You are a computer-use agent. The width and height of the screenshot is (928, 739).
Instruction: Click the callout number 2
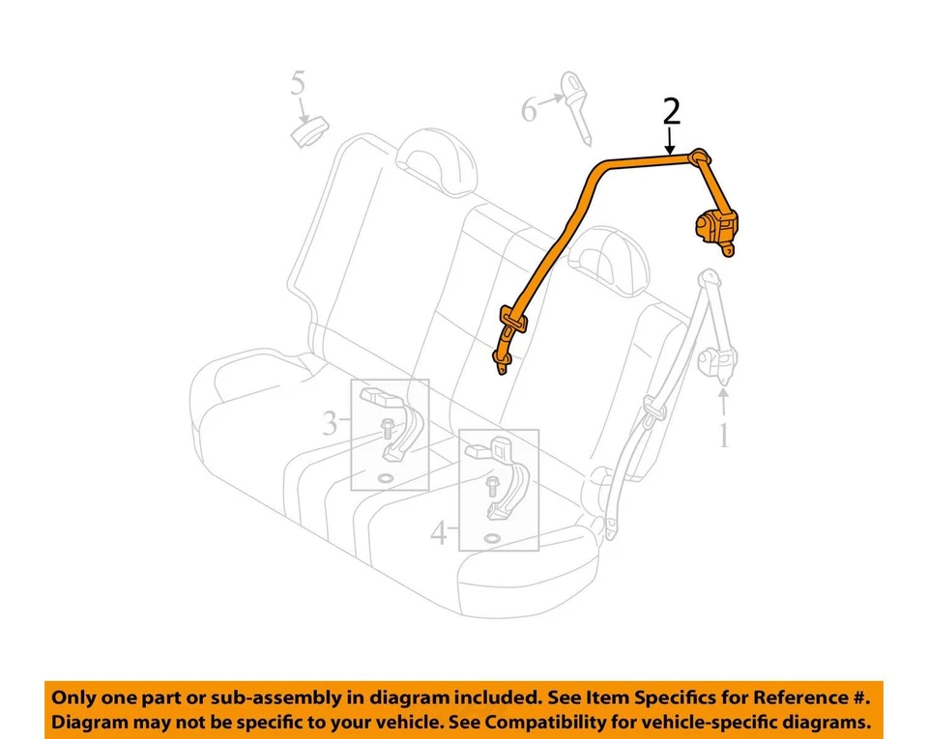pyautogui.click(x=672, y=113)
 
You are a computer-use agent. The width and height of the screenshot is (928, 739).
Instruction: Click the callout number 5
pyautogui.click(x=299, y=84)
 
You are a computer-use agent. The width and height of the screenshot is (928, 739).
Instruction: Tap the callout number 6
pyautogui.click(x=529, y=109)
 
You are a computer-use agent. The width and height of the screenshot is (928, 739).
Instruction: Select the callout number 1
pyautogui.click(x=722, y=437)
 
